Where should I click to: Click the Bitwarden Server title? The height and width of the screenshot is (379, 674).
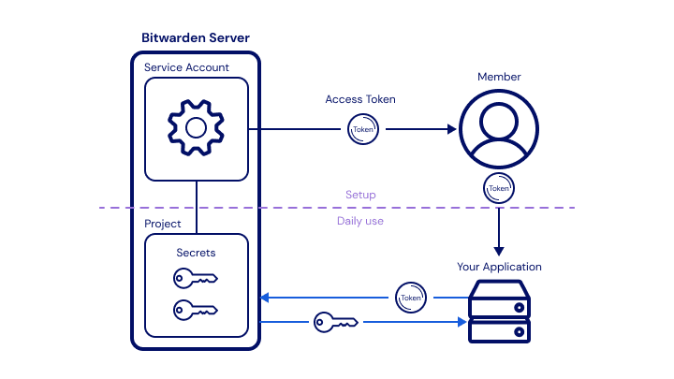coord(195,37)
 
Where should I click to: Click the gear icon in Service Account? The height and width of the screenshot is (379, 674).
coord(196,127)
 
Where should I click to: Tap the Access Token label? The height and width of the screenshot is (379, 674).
coord(360,99)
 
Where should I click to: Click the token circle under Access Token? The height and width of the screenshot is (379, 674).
coord(363,129)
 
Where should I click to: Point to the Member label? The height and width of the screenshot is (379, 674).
coord(499,77)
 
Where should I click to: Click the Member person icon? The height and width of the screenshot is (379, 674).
coord(499,129)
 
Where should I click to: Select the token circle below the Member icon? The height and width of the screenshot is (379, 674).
coord(499,187)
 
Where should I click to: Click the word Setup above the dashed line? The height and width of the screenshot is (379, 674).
coord(360,195)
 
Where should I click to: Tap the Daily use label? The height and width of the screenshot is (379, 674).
coord(360,221)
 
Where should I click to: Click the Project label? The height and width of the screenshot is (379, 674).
coord(163,225)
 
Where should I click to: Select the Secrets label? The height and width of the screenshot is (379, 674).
coord(196,253)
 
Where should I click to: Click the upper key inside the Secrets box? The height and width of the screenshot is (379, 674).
coord(196,278)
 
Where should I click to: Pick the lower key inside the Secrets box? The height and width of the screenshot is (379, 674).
coord(196,309)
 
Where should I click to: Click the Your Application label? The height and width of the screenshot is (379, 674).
coord(499,267)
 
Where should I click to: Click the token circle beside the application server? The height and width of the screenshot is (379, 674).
coord(410,298)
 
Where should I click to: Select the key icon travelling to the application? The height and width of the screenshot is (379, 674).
coord(336,322)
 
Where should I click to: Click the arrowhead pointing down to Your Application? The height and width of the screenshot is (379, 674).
coord(499,250)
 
